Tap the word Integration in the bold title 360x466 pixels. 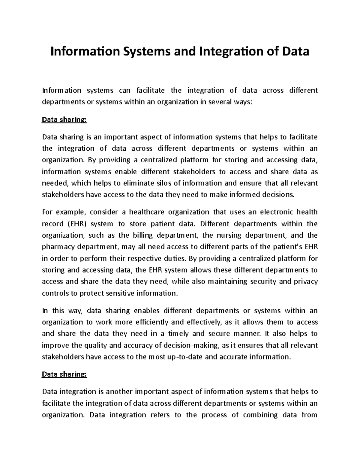(x=226, y=52)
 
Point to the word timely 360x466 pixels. (x=178, y=334)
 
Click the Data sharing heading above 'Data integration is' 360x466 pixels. (x=64, y=374)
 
